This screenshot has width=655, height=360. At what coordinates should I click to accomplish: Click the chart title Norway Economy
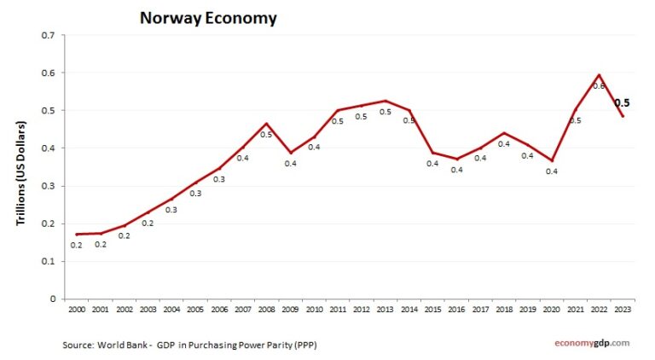(208, 18)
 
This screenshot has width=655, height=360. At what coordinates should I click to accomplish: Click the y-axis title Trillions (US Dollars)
(21, 173)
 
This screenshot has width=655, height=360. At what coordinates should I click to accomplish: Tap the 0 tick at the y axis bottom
(51, 299)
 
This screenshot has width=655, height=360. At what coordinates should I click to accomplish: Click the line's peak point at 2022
(600, 75)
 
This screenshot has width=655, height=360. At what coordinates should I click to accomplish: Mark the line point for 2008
(268, 124)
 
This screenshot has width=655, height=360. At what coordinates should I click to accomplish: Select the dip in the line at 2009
(292, 153)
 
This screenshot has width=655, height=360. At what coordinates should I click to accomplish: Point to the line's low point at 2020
(552, 160)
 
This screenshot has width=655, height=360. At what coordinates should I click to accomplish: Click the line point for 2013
(386, 101)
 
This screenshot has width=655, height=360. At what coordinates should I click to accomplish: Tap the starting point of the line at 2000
(78, 234)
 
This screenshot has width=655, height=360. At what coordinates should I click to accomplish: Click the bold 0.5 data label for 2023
(622, 102)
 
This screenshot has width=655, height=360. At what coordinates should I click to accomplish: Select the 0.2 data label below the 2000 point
(78, 245)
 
